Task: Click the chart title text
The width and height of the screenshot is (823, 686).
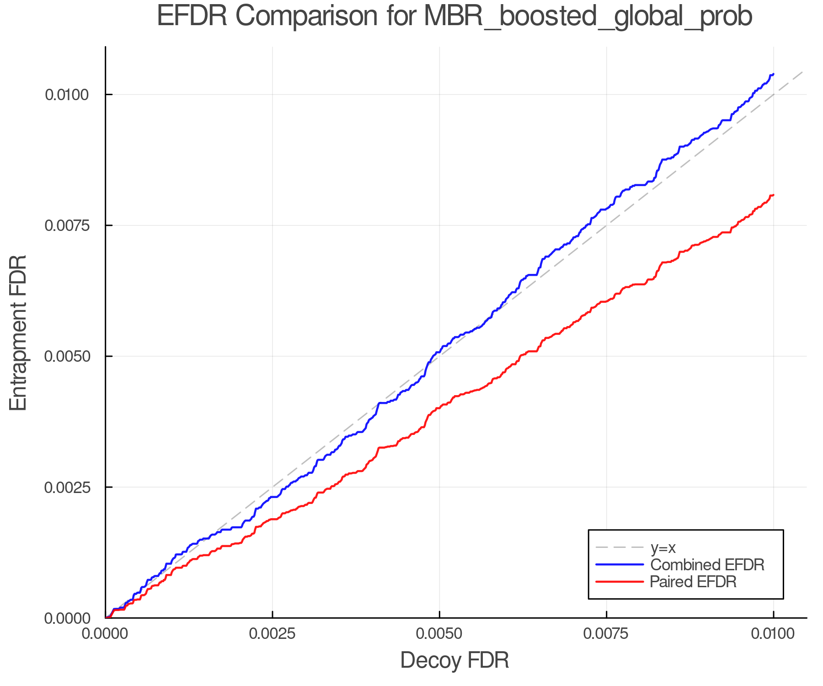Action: coord(454,16)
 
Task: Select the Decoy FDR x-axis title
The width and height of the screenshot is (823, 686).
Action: coord(454,660)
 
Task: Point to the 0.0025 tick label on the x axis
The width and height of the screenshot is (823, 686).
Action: coord(273,634)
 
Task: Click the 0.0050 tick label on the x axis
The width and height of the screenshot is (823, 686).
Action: coord(439,634)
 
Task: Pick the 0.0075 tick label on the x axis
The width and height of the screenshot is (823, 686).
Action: coord(606,634)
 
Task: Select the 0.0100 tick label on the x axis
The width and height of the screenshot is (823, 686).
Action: coord(773,634)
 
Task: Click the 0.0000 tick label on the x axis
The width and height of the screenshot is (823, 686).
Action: coord(106,634)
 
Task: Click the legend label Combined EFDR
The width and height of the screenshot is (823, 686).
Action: coord(707,565)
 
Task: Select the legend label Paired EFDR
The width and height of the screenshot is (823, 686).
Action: coord(693,582)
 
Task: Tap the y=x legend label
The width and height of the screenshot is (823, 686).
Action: coord(663,547)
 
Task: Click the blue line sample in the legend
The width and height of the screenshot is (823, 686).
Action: coord(620,565)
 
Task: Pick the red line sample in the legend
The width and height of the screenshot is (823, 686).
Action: coord(620,582)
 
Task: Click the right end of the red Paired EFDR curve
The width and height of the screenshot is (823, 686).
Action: coord(773,195)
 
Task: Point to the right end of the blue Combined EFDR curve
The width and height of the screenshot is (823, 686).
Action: coord(773,74)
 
